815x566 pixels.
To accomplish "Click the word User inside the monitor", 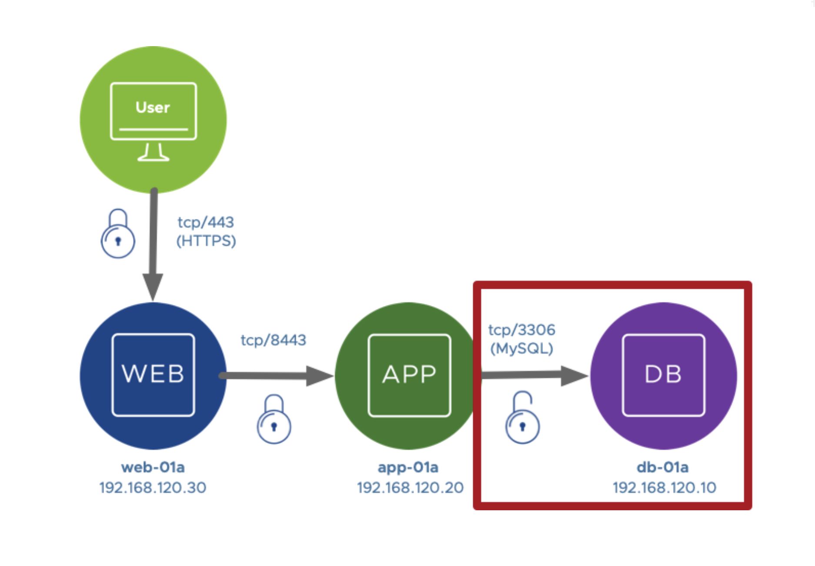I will tap(153, 107).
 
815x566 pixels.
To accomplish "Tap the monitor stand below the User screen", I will tap(153, 153).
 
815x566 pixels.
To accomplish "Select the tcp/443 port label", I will tap(206, 222).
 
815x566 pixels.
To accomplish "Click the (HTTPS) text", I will tap(206, 241).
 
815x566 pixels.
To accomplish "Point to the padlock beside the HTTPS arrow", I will tap(118, 235).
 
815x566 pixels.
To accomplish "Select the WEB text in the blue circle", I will tap(153, 374).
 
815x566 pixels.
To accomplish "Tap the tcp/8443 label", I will tap(274, 340).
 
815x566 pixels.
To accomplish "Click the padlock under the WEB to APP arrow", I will tap(274, 420).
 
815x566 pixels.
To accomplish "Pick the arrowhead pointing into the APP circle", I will tap(319, 376).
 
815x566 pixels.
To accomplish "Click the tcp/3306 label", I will tap(521, 330).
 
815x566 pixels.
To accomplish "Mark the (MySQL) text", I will tap(521, 348).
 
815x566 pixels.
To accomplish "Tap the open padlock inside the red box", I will tap(522, 419).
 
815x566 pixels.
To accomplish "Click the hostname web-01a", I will tap(153, 467).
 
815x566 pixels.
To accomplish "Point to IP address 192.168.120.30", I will tap(153, 488).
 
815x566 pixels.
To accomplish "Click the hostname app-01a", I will tap(408, 467).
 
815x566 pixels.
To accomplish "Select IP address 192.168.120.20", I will tap(410, 488).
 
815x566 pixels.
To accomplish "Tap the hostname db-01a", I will tap(663, 467).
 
